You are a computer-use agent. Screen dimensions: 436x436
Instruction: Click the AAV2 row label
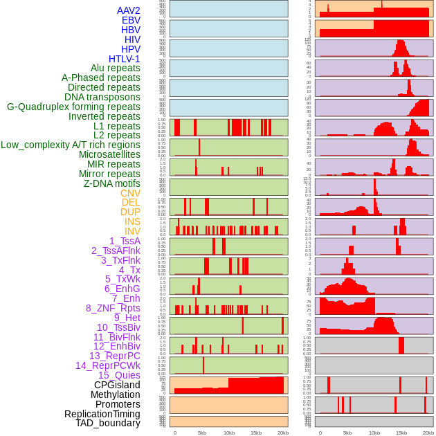[x=129, y=10]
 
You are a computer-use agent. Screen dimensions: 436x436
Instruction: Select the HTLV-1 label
[x=125, y=59]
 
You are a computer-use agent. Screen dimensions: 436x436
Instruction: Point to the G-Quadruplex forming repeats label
[x=73, y=107]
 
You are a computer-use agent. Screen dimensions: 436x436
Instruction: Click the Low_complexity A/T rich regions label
[x=71, y=145]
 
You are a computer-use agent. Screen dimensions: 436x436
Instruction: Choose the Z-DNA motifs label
[x=112, y=183]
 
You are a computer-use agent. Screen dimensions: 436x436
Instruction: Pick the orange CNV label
[x=130, y=193]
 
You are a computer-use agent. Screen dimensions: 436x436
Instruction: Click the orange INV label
[x=132, y=231]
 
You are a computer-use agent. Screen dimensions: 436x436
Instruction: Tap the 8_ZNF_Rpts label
[x=113, y=308]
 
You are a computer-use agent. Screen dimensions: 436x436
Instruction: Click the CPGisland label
[x=117, y=385]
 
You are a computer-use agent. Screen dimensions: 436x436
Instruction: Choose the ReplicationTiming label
[x=102, y=414]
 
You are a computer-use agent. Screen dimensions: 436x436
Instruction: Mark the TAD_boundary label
[x=108, y=423]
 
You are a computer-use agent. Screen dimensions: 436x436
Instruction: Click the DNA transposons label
[x=102, y=97]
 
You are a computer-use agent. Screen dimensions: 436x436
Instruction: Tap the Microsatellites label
[x=109, y=154]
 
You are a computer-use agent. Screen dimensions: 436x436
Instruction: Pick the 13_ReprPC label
[x=115, y=356]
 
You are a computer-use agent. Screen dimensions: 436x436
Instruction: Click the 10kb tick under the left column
[x=228, y=433]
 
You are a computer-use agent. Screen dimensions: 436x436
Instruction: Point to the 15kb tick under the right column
[x=401, y=433]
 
